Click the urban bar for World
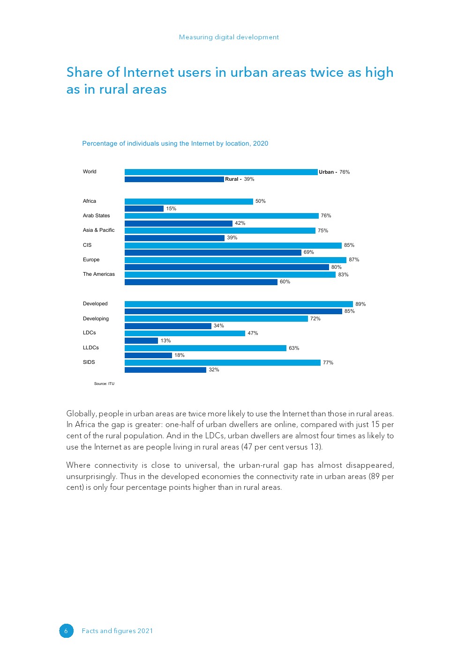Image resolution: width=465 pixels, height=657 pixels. click(x=221, y=172)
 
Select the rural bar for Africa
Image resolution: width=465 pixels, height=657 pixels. click(x=144, y=209)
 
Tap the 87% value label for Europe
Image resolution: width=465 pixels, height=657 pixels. click(x=354, y=260)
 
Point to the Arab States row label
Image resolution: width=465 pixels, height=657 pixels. click(x=97, y=216)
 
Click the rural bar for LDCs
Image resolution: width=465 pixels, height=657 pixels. click(x=141, y=341)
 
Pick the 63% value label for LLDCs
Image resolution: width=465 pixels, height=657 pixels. click(x=294, y=348)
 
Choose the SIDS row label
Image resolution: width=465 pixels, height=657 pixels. click(x=89, y=362)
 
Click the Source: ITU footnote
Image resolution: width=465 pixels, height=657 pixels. click(x=104, y=384)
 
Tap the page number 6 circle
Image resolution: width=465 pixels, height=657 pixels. click(x=66, y=631)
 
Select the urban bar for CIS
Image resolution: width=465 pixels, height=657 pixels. click(x=233, y=245)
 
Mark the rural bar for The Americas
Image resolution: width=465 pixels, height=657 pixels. click(x=201, y=282)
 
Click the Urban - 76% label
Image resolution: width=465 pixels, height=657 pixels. click(x=334, y=172)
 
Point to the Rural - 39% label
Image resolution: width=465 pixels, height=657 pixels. click(x=240, y=179)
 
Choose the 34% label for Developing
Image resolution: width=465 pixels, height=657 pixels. click(x=219, y=326)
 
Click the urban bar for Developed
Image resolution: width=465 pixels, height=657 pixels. click(x=239, y=304)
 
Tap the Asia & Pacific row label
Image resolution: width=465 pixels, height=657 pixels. click(x=99, y=230)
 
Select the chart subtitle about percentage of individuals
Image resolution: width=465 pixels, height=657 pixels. click(x=175, y=144)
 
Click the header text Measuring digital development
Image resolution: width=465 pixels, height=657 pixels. click(x=229, y=37)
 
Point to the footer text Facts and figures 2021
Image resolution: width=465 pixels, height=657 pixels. click(x=117, y=631)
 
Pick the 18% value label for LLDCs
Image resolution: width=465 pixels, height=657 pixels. click(x=180, y=355)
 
